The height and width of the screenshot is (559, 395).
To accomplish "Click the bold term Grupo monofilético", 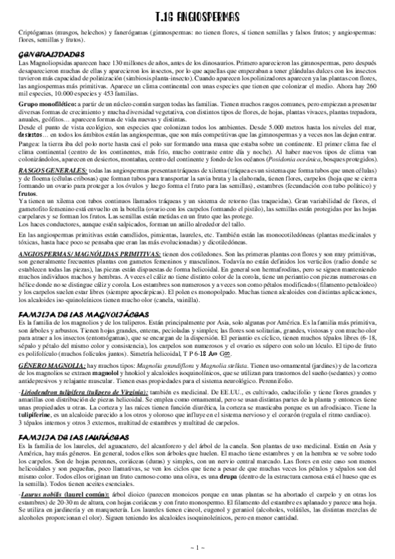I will pos(48,103).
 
